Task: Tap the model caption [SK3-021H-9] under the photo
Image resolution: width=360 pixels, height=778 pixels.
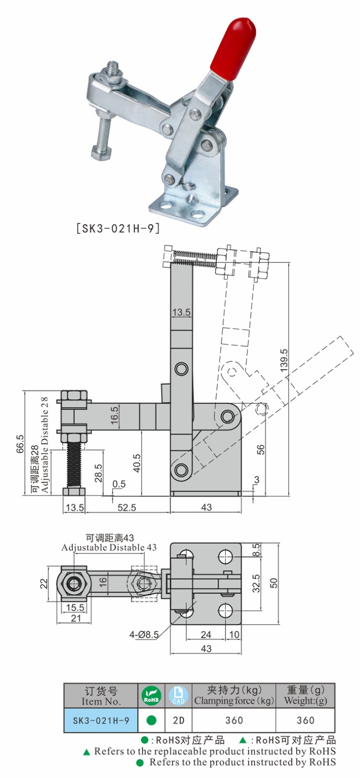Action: click(x=118, y=228)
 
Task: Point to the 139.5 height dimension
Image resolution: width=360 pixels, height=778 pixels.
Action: click(x=284, y=360)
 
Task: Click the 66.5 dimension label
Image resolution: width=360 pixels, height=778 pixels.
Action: click(x=20, y=444)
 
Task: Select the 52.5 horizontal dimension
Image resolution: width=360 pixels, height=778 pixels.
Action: click(x=127, y=508)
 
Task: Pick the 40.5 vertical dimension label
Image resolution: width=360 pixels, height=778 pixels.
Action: click(x=137, y=463)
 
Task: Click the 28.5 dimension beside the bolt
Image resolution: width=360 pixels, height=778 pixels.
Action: click(x=98, y=473)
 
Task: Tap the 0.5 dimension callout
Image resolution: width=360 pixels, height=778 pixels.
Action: click(x=119, y=484)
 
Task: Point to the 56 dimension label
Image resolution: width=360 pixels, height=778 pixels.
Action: click(x=261, y=449)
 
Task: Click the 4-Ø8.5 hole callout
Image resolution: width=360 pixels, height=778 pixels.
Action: click(x=144, y=635)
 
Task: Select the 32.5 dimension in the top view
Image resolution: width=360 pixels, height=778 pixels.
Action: click(x=256, y=583)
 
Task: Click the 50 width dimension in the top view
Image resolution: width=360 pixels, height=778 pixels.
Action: click(x=274, y=583)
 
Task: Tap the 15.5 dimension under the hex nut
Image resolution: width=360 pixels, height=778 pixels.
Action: click(x=75, y=607)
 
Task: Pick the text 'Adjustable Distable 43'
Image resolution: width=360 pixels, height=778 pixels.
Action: click(x=109, y=548)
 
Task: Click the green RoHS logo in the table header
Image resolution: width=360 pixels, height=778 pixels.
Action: click(x=151, y=696)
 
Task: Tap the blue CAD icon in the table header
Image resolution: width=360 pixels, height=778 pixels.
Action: click(x=178, y=696)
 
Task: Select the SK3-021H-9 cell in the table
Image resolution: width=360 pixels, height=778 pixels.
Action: click(x=101, y=720)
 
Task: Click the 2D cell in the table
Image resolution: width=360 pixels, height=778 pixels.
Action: click(x=179, y=720)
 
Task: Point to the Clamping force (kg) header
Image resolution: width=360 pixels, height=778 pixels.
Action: click(x=234, y=701)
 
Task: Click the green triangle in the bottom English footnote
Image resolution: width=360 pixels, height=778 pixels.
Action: click(x=87, y=752)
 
